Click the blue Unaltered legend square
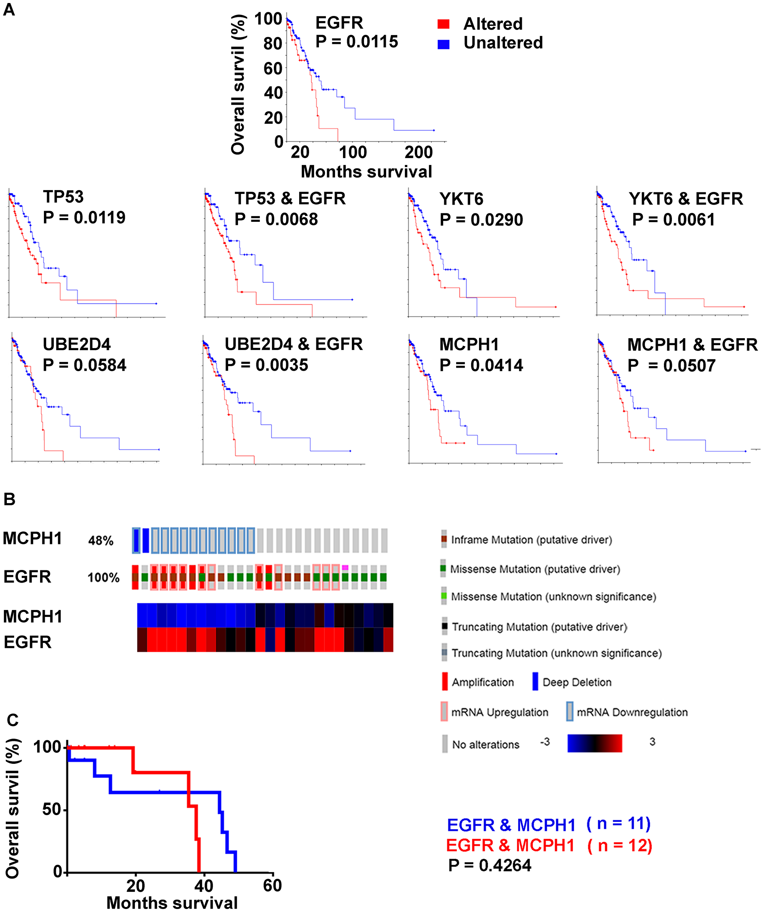tap(443, 44)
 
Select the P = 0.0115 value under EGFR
tap(356, 42)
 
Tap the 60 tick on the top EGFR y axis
tap(273, 68)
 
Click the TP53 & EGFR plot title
tap(290, 199)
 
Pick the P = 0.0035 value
tap(266, 365)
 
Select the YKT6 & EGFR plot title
tap(685, 199)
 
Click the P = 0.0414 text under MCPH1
tap(481, 365)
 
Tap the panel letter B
tap(9, 499)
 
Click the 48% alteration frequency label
tap(101, 541)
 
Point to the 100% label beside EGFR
tap(104, 578)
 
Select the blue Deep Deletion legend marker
tap(535, 681)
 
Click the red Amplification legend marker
tap(444, 681)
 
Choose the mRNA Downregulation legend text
tap(632, 712)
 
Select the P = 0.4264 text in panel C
tap(489, 865)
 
